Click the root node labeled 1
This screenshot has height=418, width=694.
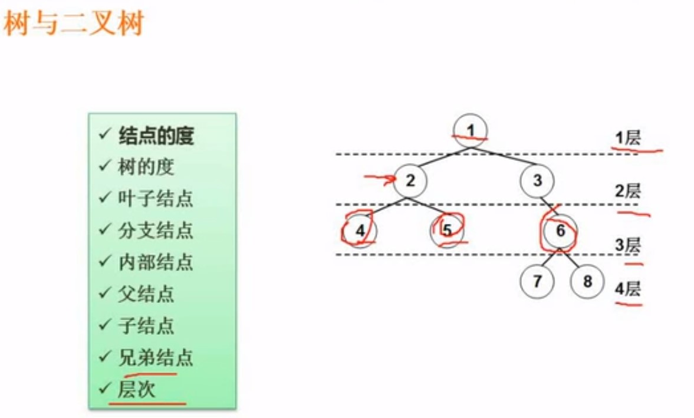(471, 129)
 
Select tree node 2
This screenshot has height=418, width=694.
(410, 180)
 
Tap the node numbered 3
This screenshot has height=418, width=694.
(537, 180)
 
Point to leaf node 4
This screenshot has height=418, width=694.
(360, 231)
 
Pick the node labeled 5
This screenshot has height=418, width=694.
(447, 231)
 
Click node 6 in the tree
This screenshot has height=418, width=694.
(560, 231)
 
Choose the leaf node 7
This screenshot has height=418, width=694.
(537, 281)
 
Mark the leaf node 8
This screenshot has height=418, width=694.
(587, 281)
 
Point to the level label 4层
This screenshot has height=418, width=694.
(627, 289)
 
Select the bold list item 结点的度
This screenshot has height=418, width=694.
(156, 136)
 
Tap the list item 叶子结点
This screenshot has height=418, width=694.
(156, 199)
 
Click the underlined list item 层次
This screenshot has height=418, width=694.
(137, 389)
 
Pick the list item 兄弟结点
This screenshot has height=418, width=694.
(156, 357)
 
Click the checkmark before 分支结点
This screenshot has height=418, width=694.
(105, 229)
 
